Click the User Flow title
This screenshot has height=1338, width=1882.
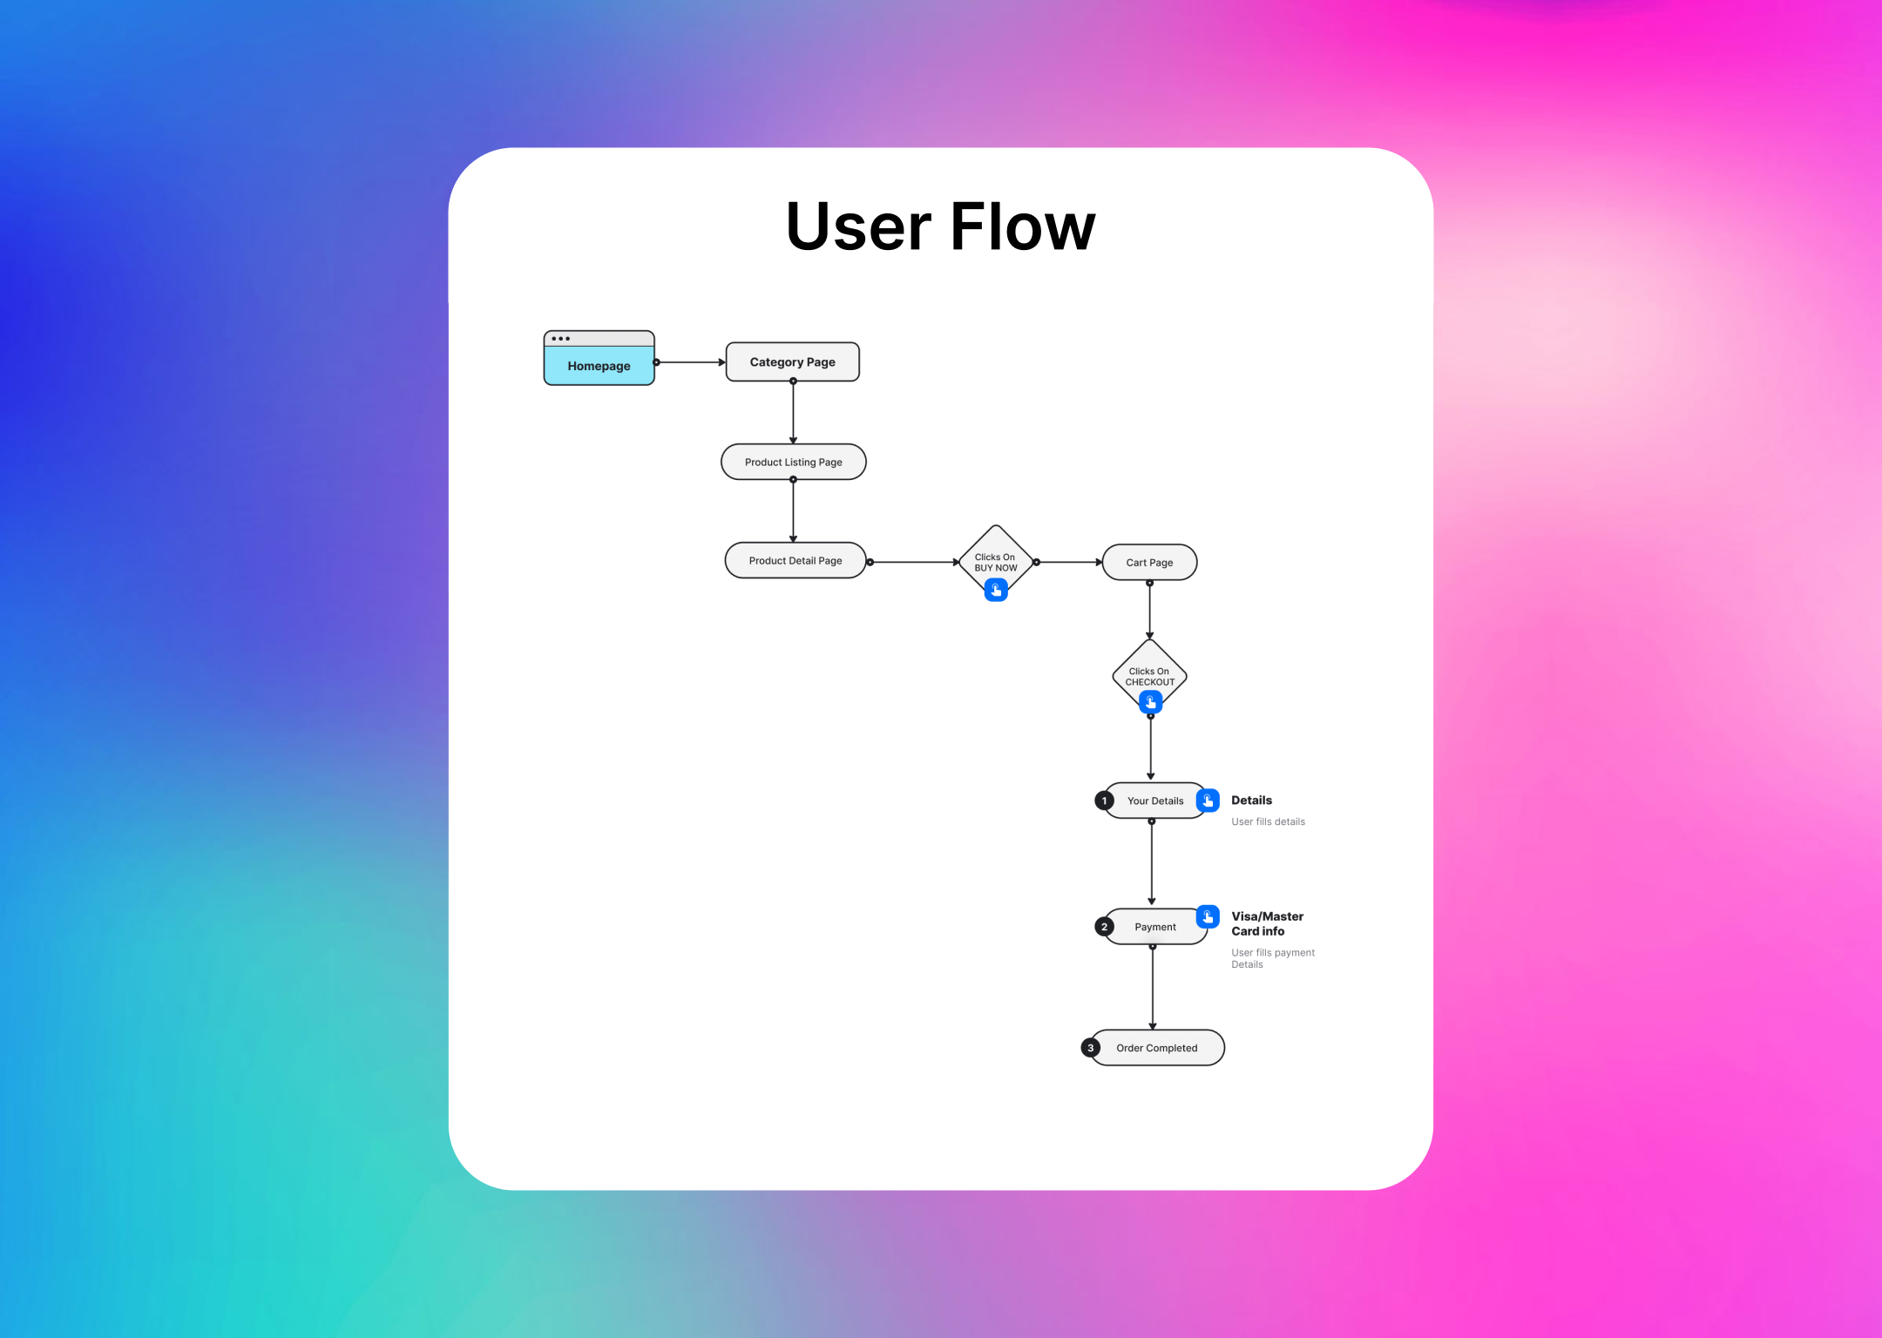coord(940,226)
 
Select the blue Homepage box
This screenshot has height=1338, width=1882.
coord(599,365)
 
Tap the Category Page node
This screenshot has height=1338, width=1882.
coord(792,362)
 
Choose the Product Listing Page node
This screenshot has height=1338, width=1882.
coord(793,462)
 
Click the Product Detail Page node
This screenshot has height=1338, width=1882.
coord(795,561)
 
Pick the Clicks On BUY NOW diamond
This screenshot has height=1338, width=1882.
coord(995,557)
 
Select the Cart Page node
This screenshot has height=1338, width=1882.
coord(1149,563)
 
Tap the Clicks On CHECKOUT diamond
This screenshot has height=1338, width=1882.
coord(1149,672)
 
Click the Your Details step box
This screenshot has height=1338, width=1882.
coord(1154,801)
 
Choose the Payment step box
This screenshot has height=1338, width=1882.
coord(1154,927)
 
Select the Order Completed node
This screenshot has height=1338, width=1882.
coord(1156,1048)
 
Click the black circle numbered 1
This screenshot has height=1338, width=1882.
coord(1104,801)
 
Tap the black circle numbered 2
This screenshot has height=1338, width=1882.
coord(1104,927)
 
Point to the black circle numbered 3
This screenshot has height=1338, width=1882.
coord(1090,1048)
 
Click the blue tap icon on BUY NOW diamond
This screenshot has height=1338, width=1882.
coord(996,591)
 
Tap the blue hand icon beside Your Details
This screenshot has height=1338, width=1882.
coord(1208,800)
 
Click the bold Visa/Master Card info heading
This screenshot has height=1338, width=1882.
coord(1266,923)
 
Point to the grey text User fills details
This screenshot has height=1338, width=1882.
coord(1268,821)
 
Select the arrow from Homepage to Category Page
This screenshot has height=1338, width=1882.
coord(690,362)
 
